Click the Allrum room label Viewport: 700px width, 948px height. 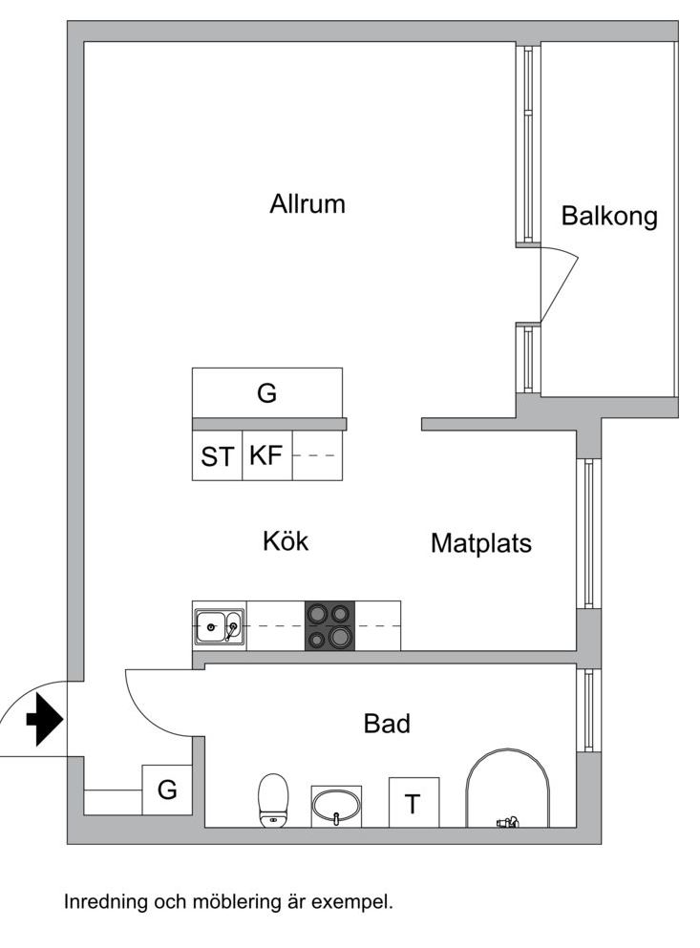tap(307, 204)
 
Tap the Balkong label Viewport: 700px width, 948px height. tap(609, 216)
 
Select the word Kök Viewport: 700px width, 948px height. tap(286, 541)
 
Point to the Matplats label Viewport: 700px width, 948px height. tap(480, 543)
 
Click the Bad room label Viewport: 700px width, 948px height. tap(387, 724)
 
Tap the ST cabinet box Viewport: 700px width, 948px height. tap(217, 456)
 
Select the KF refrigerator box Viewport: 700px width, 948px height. tap(266, 456)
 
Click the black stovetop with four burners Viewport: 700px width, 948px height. tap(329, 626)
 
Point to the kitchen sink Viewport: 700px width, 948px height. tap(219, 626)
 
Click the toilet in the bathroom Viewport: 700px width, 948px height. tap(273, 800)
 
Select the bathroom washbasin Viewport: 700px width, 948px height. tap(336, 806)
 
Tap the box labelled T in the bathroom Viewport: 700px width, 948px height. tap(414, 803)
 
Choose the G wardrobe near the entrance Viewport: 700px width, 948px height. tap(167, 790)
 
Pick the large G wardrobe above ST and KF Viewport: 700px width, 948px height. tap(267, 392)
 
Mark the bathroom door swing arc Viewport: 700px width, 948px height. tap(159, 704)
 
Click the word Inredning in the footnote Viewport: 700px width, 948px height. tap(103, 901)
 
